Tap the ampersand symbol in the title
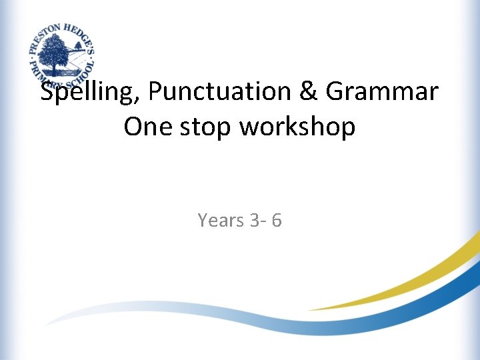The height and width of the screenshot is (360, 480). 308,93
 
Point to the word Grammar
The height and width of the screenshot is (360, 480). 382,93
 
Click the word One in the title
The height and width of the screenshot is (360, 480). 148,127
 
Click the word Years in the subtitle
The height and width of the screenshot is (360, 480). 221,219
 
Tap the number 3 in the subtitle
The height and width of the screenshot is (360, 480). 257,219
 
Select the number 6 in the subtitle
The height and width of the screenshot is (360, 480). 276,219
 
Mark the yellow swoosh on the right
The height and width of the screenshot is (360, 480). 413,280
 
